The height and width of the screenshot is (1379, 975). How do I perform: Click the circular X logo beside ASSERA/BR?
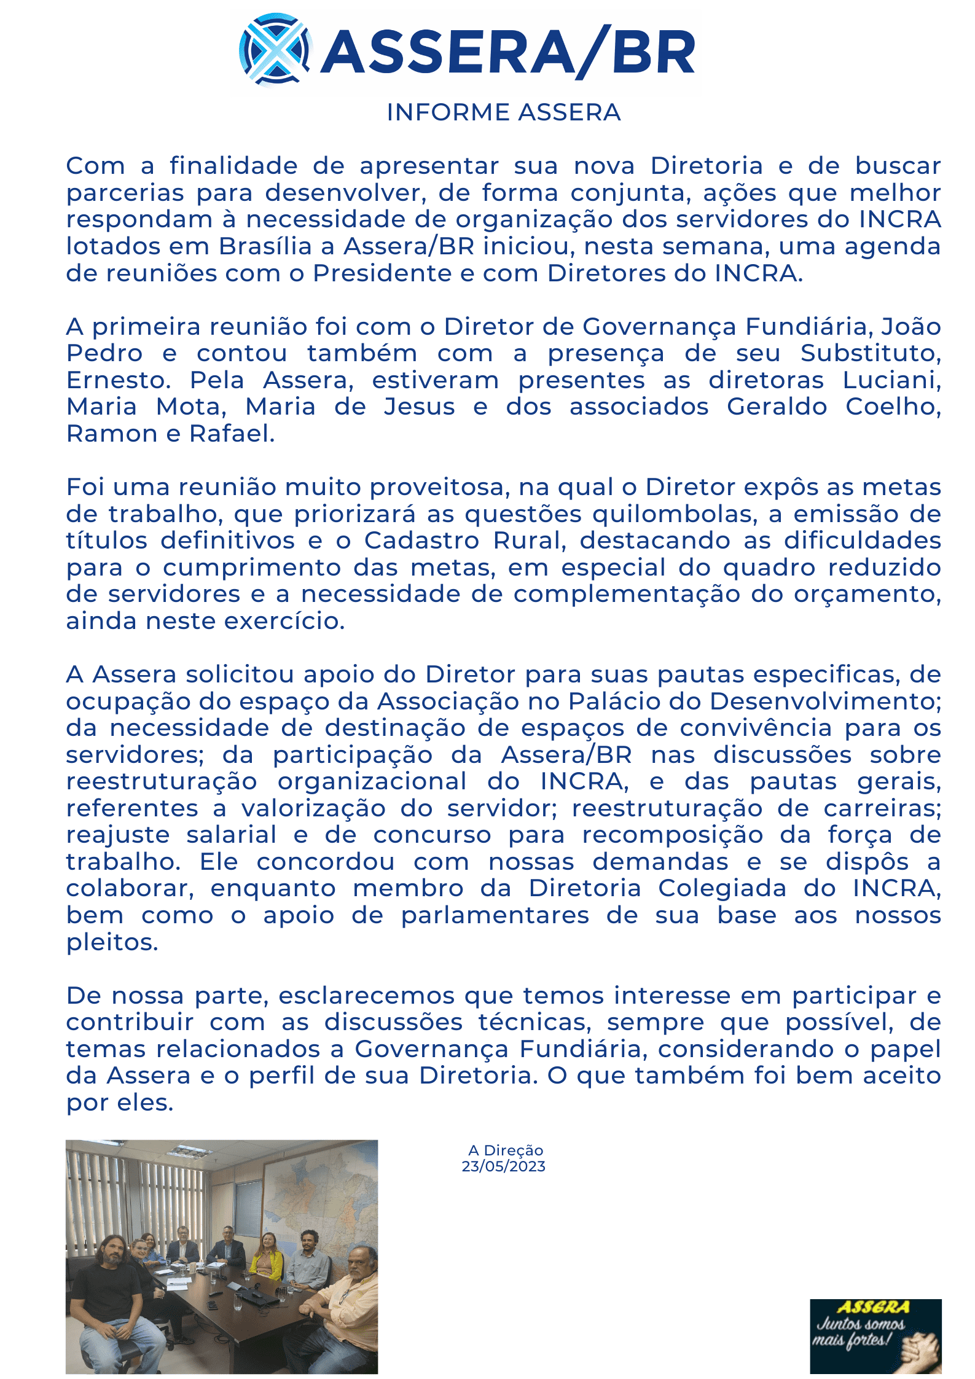point(275,50)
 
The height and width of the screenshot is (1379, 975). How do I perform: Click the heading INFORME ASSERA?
point(503,112)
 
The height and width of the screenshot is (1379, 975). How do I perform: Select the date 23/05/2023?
point(503,1166)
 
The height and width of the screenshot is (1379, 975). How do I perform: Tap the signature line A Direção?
point(505,1150)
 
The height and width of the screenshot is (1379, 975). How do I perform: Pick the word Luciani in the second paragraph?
point(891,380)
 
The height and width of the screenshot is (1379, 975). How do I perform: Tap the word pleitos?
point(112,942)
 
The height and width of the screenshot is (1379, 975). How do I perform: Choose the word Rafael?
point(232,434)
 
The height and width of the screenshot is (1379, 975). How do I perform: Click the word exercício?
point(284,621)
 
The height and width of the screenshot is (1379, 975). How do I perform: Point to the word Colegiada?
point(722,888)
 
